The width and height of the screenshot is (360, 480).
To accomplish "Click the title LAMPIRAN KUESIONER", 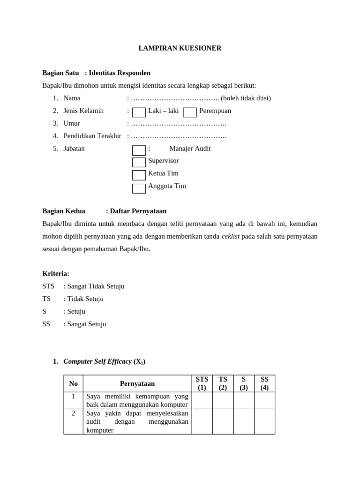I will pos(180,48).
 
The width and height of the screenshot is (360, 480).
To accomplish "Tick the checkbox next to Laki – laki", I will pos(139,112).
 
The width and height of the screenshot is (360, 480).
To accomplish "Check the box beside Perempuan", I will pos(190,112).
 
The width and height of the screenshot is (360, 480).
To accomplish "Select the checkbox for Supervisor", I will pos(139,162).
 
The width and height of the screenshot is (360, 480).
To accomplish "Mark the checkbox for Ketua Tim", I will pos(139,175).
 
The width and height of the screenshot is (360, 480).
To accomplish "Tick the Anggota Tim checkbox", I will pos(139,188).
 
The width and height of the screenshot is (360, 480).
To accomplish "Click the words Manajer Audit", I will pos(190,149).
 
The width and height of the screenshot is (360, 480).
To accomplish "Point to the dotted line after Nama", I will pos(175,98).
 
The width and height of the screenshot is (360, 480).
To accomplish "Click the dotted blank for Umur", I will pos(178,124).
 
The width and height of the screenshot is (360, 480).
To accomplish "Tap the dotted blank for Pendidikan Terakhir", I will pos(178,136).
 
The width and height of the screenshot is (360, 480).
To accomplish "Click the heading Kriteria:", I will pos(56,274).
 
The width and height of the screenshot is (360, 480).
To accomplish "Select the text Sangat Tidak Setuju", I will pos(96,286).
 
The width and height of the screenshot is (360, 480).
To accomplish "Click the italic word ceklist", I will pos(230,236).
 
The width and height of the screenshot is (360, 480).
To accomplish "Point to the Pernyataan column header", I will pos(137,383).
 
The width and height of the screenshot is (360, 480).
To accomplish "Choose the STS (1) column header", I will pos(202,383).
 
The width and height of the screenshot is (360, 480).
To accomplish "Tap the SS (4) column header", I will pos(264,383).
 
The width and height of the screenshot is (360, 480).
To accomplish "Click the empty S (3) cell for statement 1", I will pos(244,400).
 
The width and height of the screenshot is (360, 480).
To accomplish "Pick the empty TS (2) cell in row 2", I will pos(223,421).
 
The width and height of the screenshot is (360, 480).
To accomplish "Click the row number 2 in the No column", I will pos(73,413).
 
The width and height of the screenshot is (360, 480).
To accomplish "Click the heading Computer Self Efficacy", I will pos(97,361).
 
